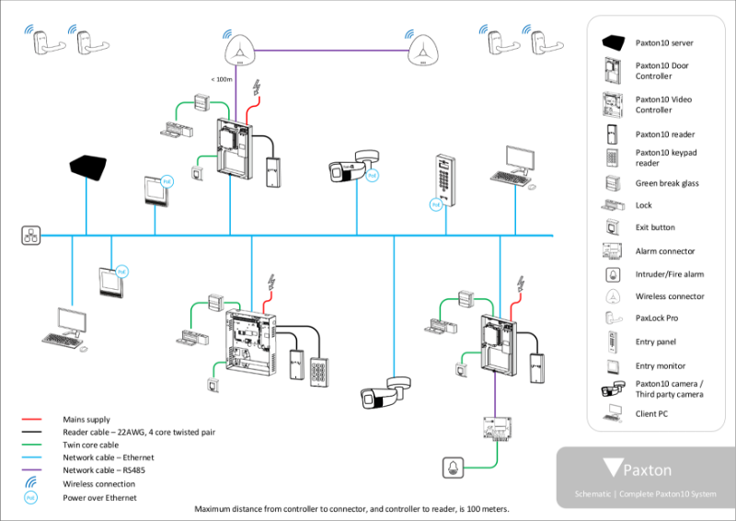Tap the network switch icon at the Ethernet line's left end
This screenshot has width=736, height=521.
30,236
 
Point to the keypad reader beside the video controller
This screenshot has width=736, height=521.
320,373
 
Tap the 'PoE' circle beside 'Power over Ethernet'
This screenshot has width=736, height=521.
30,498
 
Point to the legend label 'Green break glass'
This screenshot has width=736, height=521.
667,183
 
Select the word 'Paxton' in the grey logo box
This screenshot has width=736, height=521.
648,470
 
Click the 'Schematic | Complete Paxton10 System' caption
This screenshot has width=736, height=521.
644,495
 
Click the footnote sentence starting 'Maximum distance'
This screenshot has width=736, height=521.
351,509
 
